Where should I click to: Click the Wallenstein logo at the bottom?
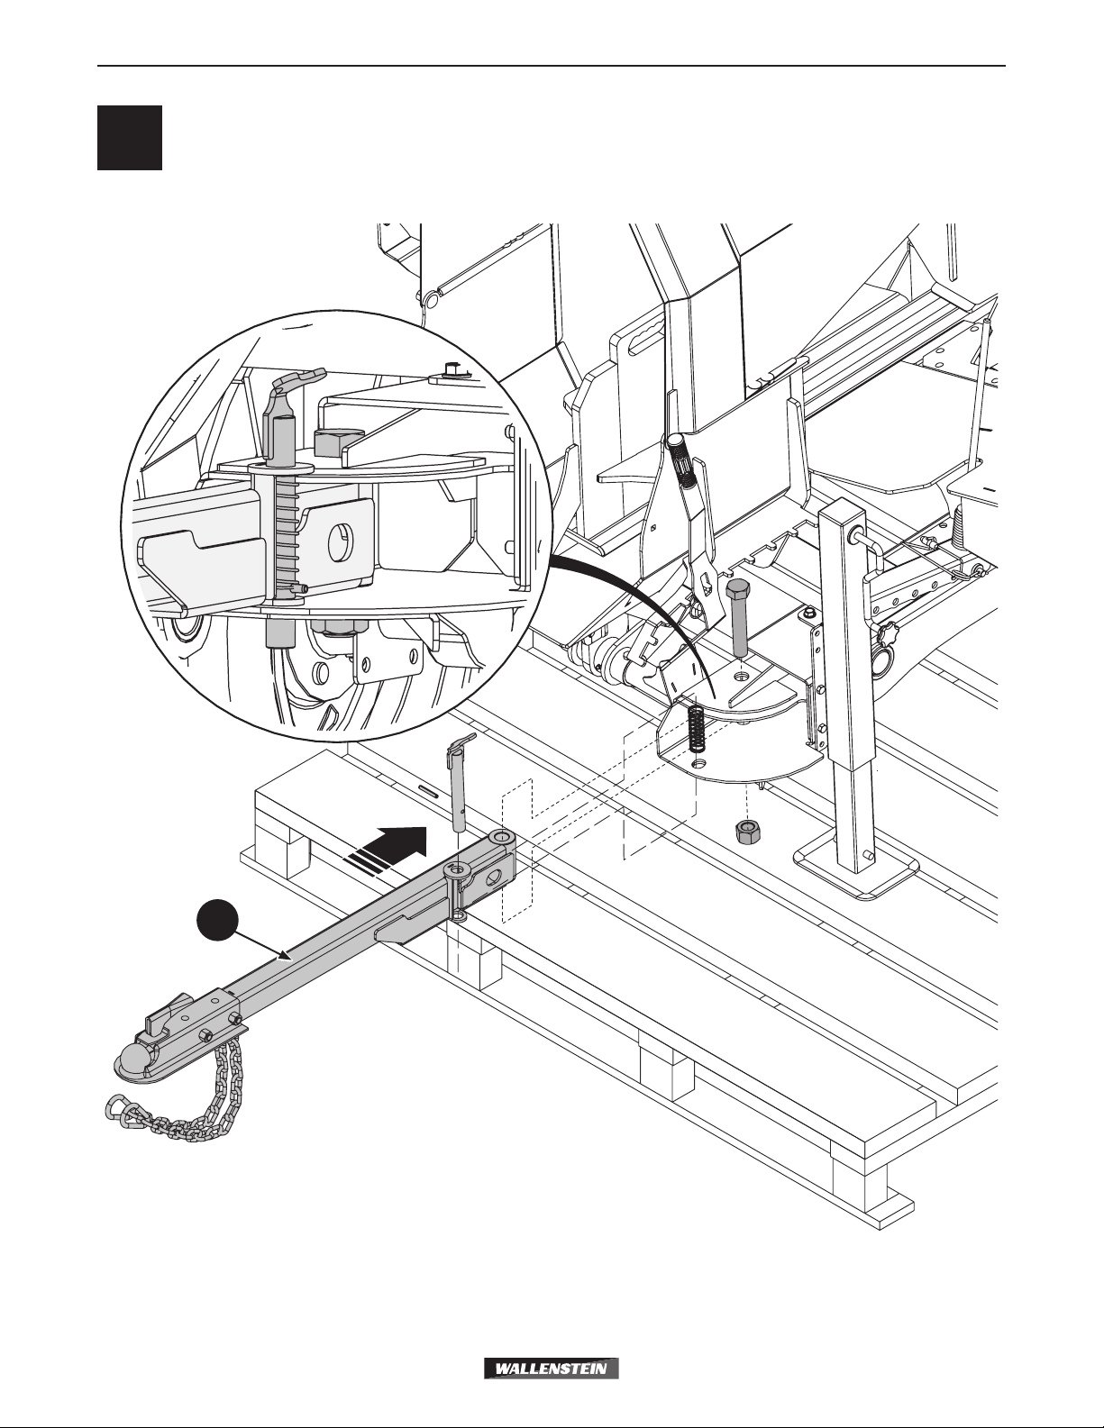pyautogui.click(x=552, y=1369)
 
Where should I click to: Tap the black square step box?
pyautogui.click(x=130, y=138)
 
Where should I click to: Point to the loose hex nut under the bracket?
pyautogui.click(x=744, y=832)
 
